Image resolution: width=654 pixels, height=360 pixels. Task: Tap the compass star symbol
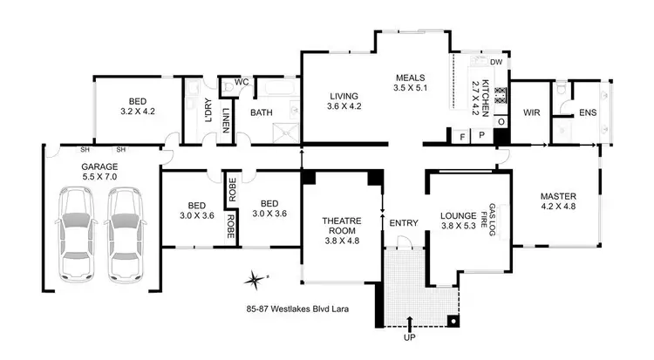[x=255, y=281]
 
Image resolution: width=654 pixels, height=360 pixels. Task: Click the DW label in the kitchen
[x=495, y=62]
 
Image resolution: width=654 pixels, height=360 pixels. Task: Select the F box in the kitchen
[x=461, y=137]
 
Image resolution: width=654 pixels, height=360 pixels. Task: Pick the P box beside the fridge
[x=480, y=137]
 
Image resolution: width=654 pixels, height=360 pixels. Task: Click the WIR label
[x=532, y=112]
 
